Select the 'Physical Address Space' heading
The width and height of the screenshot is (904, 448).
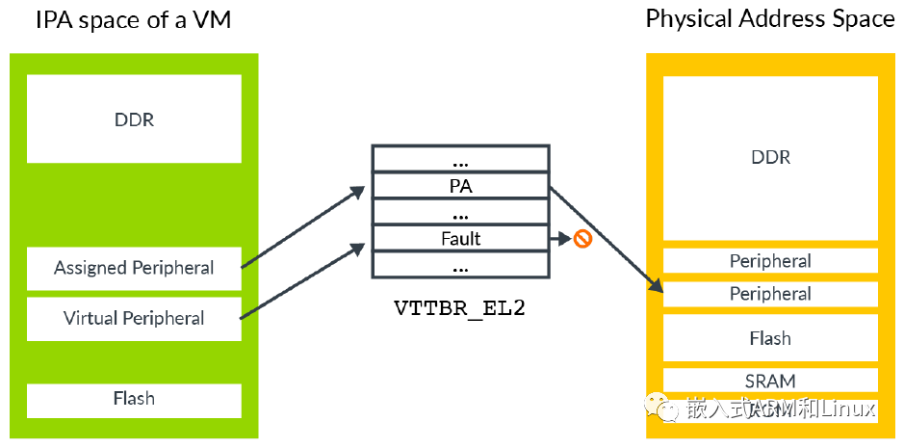pyautogui.click(x=770, y=19)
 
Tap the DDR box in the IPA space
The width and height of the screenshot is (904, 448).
pyautogui.click(x=134, y=119)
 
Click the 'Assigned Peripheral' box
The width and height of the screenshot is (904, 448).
pyautogui.click(x=134, y=268)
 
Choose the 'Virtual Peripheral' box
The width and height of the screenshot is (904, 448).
pyautogui.click(x=134, y=318)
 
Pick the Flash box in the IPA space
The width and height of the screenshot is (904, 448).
pyautogui.click(x=134, y=399)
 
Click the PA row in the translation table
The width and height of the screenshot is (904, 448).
pyautogui.click(x=460, y=186)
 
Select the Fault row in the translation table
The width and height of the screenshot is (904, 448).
pyautogui.click(x=460, y=238)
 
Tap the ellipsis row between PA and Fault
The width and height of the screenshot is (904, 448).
pyautogui.click(x=460, y=212)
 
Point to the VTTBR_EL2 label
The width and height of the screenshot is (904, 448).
pyautogui.click(x=460, y=309)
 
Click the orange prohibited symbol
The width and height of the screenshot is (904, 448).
pyautogui.click(x=581, y=239)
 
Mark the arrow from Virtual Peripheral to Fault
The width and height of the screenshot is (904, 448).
pyautogui.click(x=300, y=281)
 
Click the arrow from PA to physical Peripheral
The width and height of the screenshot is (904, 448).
pyautogui.click(x=607, y=236)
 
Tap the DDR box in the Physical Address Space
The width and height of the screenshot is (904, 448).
pyautogui.click(x=770, y=157)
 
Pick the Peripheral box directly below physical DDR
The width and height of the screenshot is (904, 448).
pyautogui.click(x=770, y=261)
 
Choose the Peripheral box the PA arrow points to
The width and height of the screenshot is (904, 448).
pyautogui.click(x=770, y=294)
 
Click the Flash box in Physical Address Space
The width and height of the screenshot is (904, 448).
pyautogui.click(x=770, y=338)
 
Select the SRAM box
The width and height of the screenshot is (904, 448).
pyautogui.click(x=770, y=380)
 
